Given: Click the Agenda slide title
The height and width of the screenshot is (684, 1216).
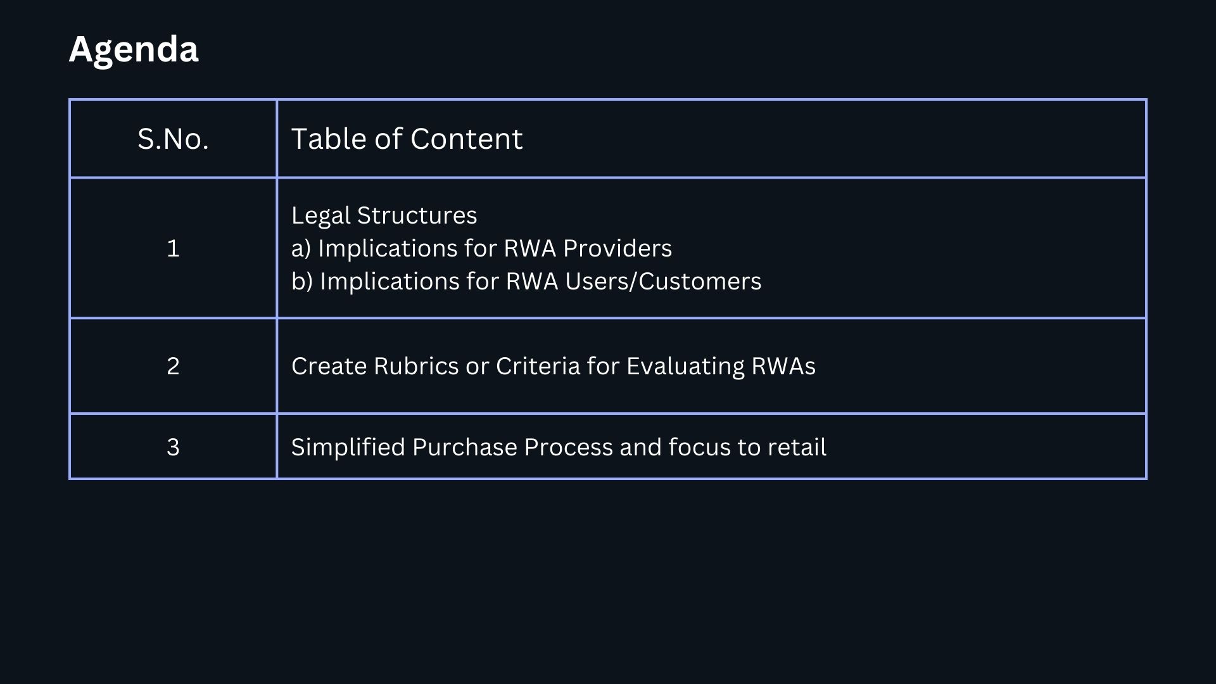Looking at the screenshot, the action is point(134,49).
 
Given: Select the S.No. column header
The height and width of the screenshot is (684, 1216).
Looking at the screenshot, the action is point(173,139).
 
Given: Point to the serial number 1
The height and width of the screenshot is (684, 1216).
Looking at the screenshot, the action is point(173,248).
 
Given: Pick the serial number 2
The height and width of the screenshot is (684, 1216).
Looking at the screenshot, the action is point(173,366).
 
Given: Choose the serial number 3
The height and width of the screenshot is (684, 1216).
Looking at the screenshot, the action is point(173,447).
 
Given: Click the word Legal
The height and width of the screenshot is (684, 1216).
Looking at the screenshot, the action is point(320,216).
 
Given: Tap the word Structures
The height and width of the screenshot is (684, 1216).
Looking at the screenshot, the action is point(417,216).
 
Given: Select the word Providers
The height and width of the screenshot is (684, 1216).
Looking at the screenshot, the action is point(617,248).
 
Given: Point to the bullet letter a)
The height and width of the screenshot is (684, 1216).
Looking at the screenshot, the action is point(301,248).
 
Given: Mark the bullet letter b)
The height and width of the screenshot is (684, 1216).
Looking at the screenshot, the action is point(302,281).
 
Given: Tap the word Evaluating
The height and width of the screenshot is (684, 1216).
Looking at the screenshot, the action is point(685,366).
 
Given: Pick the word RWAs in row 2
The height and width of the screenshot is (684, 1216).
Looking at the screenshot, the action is point(783,366).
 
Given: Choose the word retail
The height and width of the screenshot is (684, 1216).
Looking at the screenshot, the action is point(797,447).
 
